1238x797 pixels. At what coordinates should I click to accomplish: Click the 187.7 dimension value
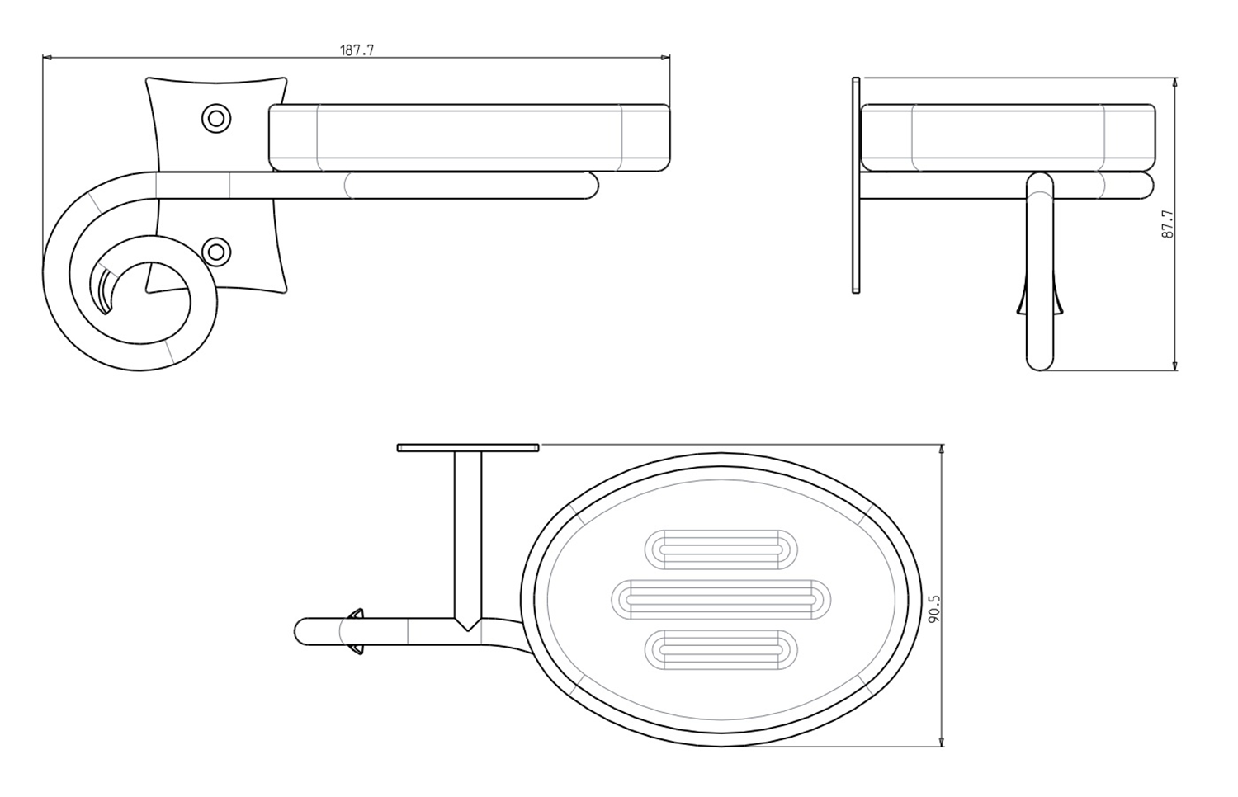pyautogui.click(x=357, y=50)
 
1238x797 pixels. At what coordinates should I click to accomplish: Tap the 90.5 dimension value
pyautogui.click(x=934, y=610)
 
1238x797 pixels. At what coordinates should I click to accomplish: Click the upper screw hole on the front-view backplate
pyautogui.click(x=216, y=118)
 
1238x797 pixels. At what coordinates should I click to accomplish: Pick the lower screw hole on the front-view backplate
pyautogui.click(x=216, y=252)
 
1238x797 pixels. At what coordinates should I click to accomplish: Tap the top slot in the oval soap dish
pyautogui.click(x=721, y=549)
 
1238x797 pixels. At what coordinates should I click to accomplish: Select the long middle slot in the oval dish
pyautogui.click(x=721, y=599)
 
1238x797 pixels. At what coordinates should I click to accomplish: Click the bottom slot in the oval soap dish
pyautogui.click(x=721, y=649)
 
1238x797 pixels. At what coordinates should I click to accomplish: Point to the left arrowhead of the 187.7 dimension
pyautogui.click(x=47, y=57)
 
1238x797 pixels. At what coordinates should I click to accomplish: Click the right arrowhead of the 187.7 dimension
pyautogui.click(x=665, y=57)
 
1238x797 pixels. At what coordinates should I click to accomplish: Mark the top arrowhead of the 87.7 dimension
pyautogui.click(x=1174, y=83)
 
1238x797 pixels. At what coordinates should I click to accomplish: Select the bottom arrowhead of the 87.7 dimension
pyautogui.click(x=1174, y=365)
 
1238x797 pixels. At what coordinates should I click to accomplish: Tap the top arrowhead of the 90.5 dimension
pyautogui.click(x=942, y=449)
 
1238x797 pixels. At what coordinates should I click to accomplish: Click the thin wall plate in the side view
pyautogui.click(x=856, y=185)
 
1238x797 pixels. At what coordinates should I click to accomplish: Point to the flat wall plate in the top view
pyautogui.click(x=468, y=447)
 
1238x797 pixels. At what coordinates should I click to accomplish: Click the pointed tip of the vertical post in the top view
pyautogui.click(x=468, y=630)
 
